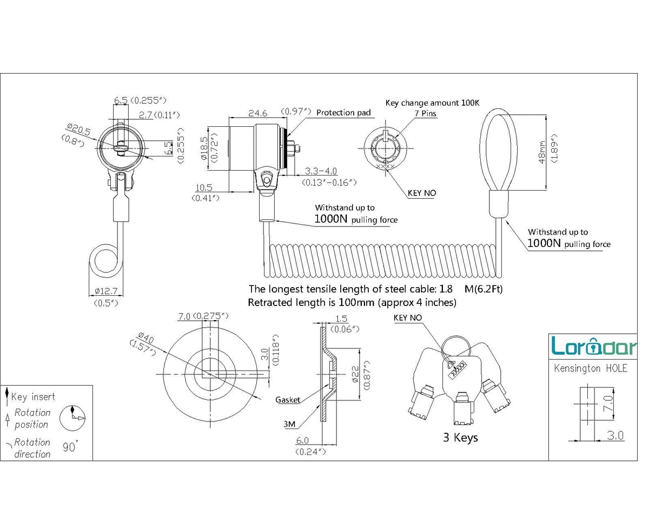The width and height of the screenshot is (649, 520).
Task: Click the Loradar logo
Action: point(593,346)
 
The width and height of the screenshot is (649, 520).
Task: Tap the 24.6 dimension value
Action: point(257,113)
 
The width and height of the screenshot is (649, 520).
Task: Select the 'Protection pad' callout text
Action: point(343,113)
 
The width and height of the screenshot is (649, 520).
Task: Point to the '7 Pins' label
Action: point(425,113)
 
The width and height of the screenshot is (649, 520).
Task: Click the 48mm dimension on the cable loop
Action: point(542,152)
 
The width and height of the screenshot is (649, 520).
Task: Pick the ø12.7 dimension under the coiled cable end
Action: point(105,291)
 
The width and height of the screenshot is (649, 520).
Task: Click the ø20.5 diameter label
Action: point(78,129)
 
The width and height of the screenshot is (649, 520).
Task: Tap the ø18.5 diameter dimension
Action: point(204,148)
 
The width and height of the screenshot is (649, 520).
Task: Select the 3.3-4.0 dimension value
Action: point(321,171)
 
